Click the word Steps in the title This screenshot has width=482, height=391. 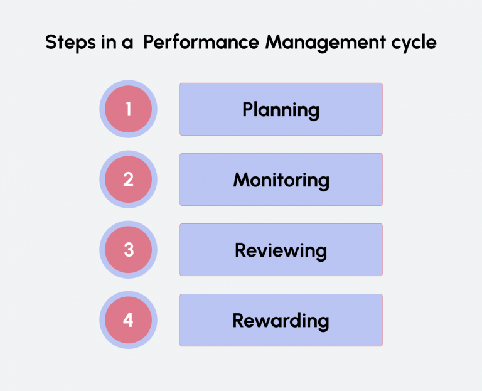pyautogui.click(x=70, y=43)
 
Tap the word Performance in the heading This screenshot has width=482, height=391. pyautogui.click(x=201, y=42)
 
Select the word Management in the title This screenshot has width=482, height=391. pyautogui.click(x=326, y=43)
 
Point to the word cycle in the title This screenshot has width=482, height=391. pyautogui.click(x=414, y=43)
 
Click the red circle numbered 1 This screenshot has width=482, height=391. pyautogui.click(x=128, y=109)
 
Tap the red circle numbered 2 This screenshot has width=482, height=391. pyautogui.click(x=128, y=179)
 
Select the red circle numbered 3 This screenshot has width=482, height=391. pyautogui.click(x=128, y=250)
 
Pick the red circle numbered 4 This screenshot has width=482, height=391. pyautogui.click(x=128, y=320)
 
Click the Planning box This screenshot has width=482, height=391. pyautogui.click(x=281, y=109)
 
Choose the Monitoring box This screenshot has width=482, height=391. pyautogui.click(x=281, y=179)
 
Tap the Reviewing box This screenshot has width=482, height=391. pyautogui.click(x=281, y=250)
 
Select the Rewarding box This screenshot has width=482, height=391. pyautogui.click(x=281, y=320)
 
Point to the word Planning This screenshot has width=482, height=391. pyautogui.click(x=281, y=110)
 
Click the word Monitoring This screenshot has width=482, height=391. pyautogui.click(x=281, y=181)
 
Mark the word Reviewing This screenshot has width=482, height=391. pyautogui.click(x=281, y=251)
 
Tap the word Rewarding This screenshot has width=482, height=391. pyautogui.click(x=281, y=321)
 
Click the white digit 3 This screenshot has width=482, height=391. pyautogui.click(x=129, y=250)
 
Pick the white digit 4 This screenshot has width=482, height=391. pyautogui.click(x=128, y=320)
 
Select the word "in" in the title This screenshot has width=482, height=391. pyautogui.click(x=109, y=42)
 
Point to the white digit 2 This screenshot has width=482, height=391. pyautogui.click(x=129, y=179)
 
